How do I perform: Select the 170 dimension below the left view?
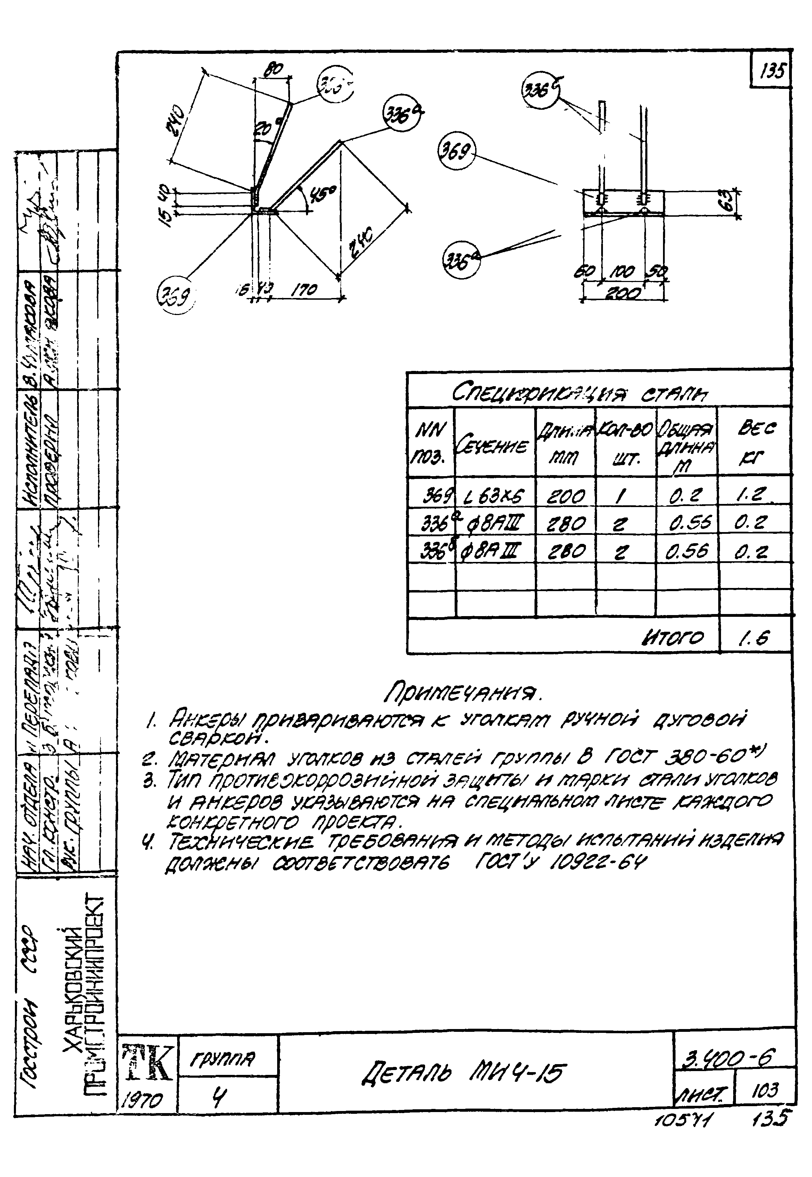point(304,290)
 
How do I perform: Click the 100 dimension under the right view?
point(622,273)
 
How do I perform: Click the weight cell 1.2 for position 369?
point(754,494)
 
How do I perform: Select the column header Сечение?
point(494,446)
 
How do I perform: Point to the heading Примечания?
point(463,692)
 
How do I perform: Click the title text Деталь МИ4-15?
point(463,1074)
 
